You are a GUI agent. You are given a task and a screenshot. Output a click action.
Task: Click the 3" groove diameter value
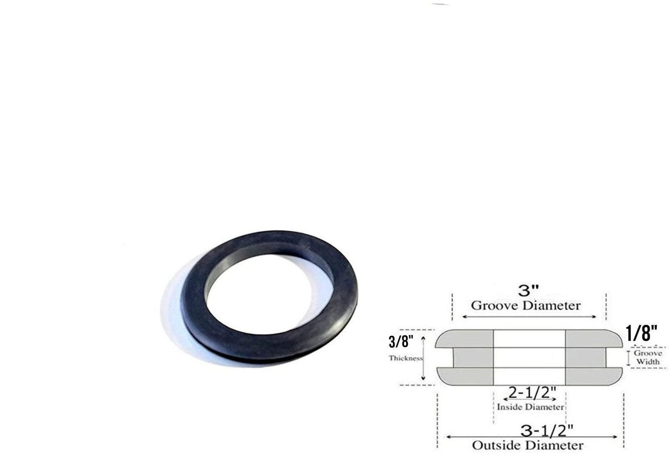click(528, 291)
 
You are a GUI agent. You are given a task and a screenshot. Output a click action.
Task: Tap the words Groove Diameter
click(525, 305)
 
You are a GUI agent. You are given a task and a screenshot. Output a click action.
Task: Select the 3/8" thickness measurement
click(401, 342)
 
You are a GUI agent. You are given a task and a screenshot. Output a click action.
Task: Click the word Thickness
click(406, 358)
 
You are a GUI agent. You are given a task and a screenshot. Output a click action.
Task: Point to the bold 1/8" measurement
click(641, 333)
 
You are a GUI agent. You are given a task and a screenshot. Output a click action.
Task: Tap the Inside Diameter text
click(530, 407)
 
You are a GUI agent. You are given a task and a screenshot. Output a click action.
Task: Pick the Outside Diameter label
click(527, 445)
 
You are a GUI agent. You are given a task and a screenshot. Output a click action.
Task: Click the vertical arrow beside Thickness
click(424, 357)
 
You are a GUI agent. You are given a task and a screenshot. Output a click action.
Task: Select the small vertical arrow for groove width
click(628, 357)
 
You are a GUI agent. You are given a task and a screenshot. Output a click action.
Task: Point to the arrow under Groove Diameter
click(529, 316)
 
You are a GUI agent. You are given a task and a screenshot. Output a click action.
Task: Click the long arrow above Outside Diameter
click(531, 436)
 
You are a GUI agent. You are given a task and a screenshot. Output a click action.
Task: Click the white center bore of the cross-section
click(529, 357)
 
